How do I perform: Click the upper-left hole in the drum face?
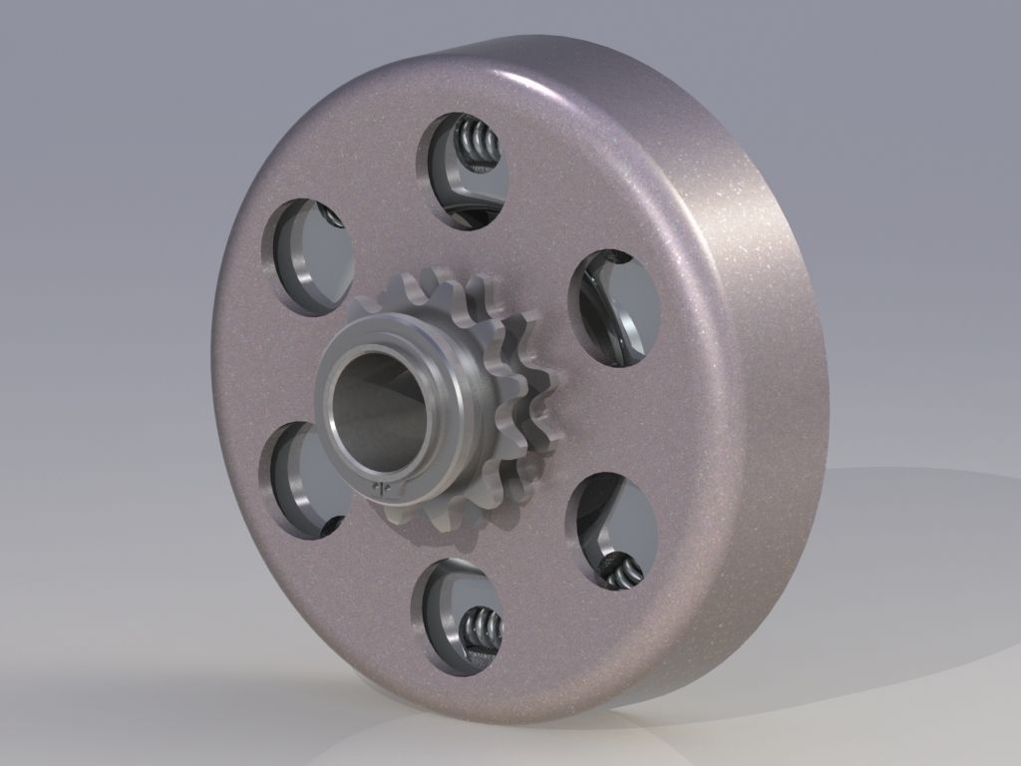(309, 255)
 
